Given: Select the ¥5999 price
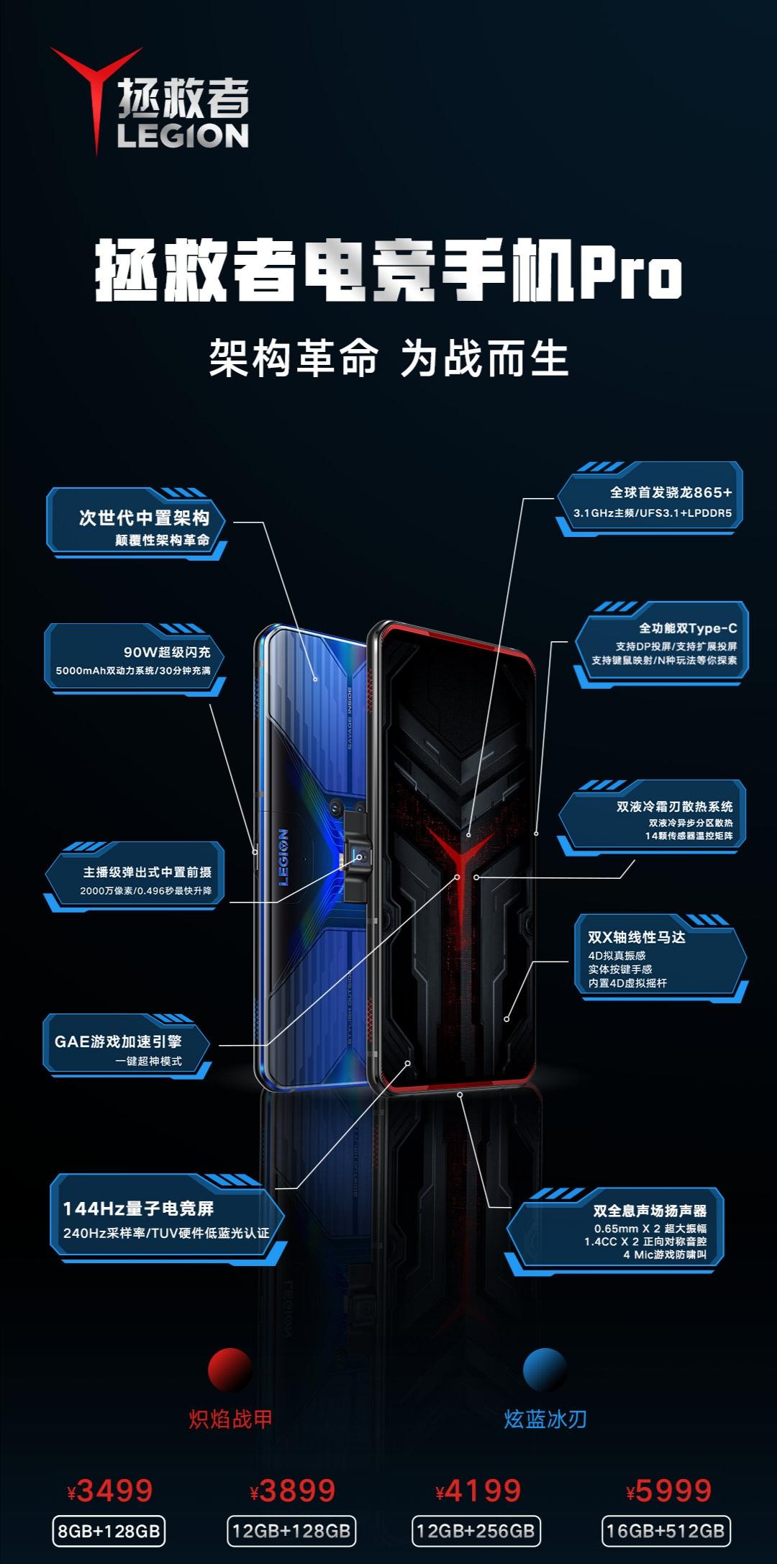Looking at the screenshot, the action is (x=669, y=1491).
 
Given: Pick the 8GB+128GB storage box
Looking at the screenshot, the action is (x=109, y=1531).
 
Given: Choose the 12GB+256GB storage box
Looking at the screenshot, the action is (x=476, y=1531).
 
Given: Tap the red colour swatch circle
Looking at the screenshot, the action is (x=230, y=1370).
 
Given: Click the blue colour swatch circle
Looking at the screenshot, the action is (x=545, y=1370).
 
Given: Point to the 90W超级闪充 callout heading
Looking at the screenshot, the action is (x=167, y=652).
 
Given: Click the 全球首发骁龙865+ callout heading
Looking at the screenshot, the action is (x=671, y=493).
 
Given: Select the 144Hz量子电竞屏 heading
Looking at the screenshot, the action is (x=138, y=1208).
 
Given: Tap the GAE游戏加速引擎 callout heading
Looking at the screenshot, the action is (x=118, y=1041).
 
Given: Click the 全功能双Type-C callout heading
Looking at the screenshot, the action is (x=688, y=628).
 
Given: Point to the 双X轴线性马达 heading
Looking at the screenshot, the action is (x=637, y=937).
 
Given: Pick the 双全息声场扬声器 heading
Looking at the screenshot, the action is (x=650, y=1211).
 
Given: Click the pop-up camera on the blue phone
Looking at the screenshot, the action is (x=358, y=856).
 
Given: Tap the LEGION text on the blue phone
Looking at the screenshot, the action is (x=283, y=857).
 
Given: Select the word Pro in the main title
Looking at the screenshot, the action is (x=631, y=274).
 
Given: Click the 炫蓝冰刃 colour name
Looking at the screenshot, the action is (x=545, y=1419).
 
